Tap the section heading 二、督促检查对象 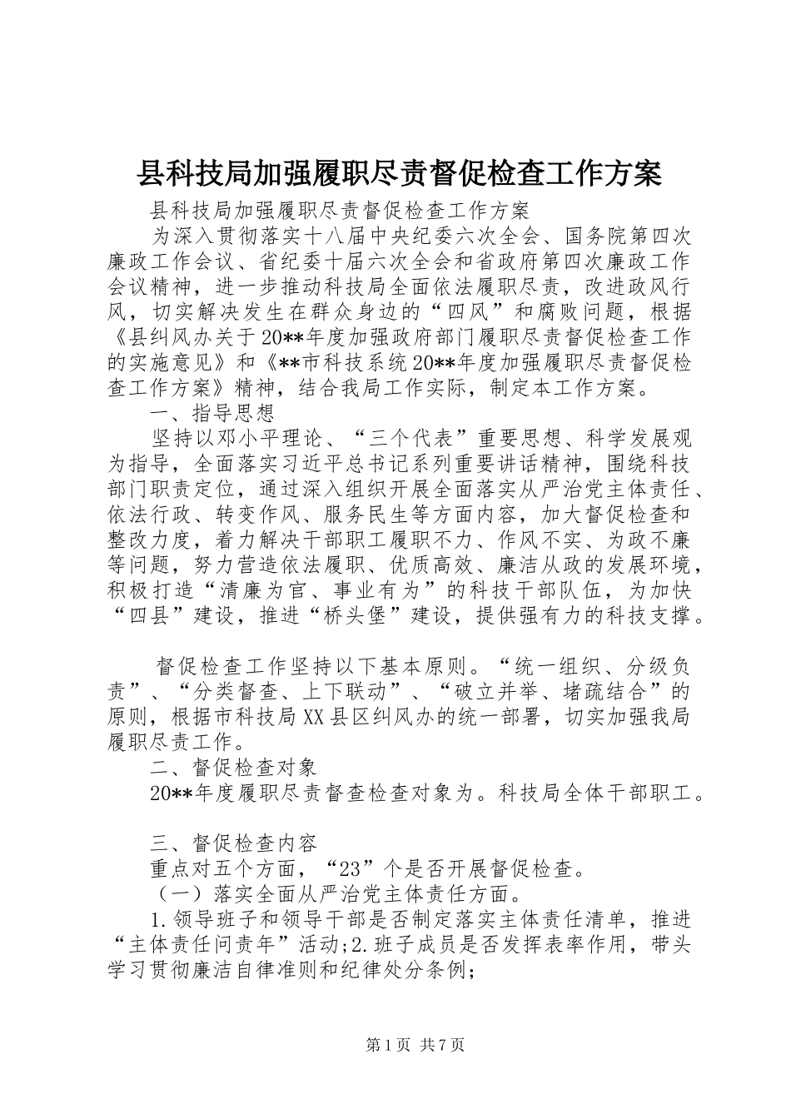pos(233,763)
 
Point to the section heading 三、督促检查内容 pos(233,843)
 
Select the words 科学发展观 pos(635,438)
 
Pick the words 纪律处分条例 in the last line pos(407,972)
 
